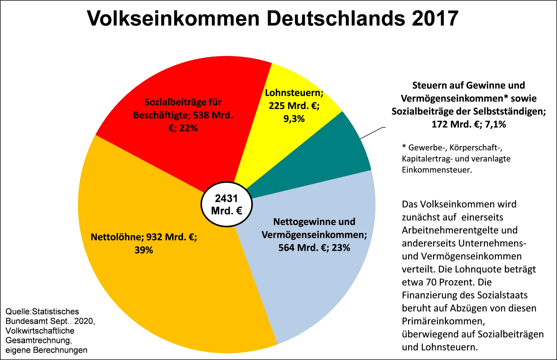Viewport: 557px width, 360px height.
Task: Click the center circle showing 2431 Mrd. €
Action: point(227,205)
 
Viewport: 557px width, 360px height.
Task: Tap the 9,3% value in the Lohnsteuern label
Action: point(294,119)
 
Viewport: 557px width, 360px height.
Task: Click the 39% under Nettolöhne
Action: point(144,250)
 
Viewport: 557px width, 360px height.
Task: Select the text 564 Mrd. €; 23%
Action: point(314,248)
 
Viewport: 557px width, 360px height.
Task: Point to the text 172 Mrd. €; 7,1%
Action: point(469,124)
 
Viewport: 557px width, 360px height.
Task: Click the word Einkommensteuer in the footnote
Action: point(437,170)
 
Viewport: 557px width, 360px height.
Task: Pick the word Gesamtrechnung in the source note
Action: point(38,340)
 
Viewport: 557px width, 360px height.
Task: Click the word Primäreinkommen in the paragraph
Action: point(443,321)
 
